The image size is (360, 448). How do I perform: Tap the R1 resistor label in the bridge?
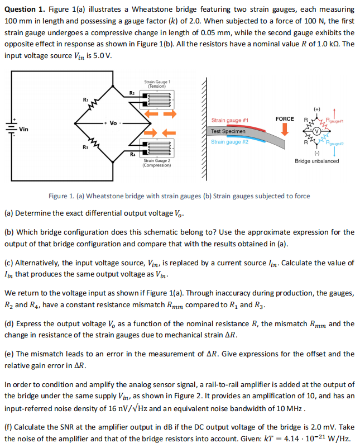tap(85, 99)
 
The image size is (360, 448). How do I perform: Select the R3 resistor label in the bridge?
tap(85, 147)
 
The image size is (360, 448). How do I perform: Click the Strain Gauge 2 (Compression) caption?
tap(157, 163)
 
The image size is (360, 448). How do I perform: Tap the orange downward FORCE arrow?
tap(285, 130)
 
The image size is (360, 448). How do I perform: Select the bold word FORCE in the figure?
tap(285, 119)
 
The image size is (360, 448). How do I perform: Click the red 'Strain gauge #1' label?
tap(230, 121)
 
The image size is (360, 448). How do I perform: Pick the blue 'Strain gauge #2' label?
tap(230, 142)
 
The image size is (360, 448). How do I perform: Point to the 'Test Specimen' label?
tap(228, 131)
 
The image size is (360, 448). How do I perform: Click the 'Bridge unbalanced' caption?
tap(316, 161)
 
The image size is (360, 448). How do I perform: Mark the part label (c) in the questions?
tap(9, 263)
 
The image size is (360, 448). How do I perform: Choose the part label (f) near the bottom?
tap(9, 427)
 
